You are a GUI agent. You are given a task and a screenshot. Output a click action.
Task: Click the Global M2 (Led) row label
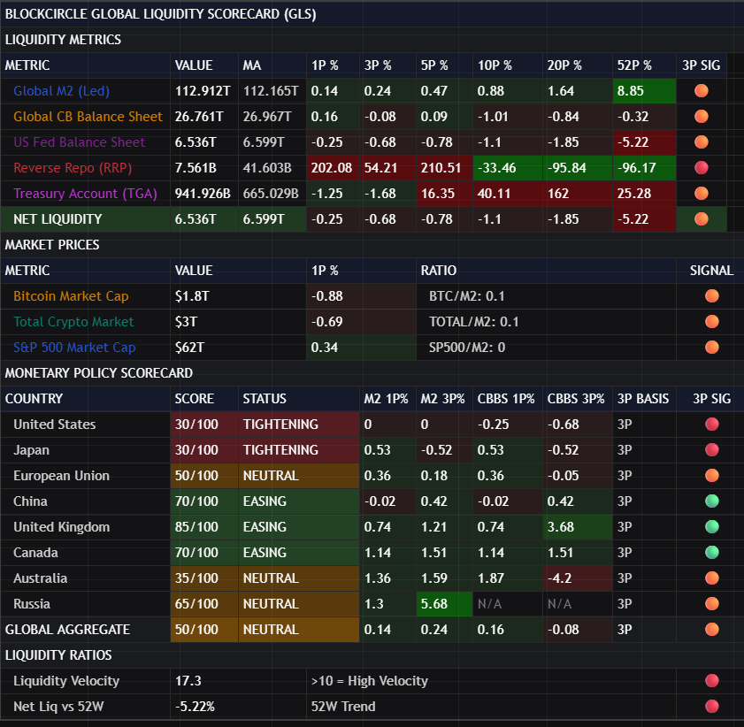(x=61, y=91)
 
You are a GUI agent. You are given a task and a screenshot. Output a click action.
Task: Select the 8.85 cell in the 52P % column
(x=631, y=91)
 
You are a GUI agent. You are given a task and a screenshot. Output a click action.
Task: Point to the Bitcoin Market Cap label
(x=71, y=296)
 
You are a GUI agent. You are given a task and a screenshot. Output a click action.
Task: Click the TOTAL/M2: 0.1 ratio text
(x=474, y=322)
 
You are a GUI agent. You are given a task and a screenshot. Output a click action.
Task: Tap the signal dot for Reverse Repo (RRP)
(x=702, y=168)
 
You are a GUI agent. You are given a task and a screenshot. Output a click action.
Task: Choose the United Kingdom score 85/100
(x=196, y=527)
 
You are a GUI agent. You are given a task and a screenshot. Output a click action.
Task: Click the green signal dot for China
(x=711, y=501)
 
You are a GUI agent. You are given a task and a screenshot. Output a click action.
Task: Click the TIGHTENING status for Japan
(x=280, y=450)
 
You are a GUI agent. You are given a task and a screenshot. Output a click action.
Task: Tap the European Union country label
(x=62, y=476)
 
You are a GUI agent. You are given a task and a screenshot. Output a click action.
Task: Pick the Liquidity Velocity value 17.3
(x=188, y=681)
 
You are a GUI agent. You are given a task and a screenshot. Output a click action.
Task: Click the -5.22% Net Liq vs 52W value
(x=196, y=707)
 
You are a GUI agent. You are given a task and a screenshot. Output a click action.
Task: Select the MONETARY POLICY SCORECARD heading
(x=99, y=373)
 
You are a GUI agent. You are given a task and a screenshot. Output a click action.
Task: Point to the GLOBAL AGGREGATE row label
(x=67, y=630)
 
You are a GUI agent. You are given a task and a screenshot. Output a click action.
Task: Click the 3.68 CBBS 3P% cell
(x=562, y=527)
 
